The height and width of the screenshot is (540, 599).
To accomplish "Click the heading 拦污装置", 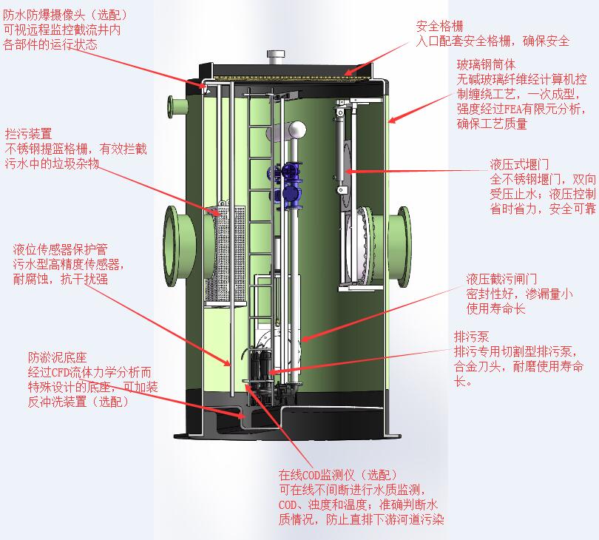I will click(28, 134).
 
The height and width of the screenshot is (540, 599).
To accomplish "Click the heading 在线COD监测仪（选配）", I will click(338, 474).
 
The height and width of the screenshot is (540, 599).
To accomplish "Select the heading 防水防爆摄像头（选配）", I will click(65, 15).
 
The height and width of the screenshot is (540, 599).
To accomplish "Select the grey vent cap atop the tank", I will click(277, 57).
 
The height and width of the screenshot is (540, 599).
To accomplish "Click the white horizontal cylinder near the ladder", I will click(295, 130).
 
